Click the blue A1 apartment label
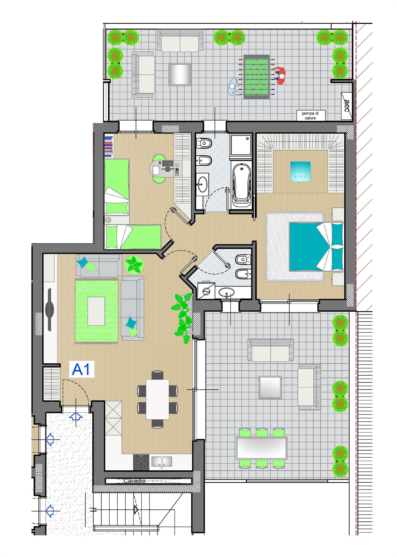tap(81, 369)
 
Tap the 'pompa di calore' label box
tap(310, 116)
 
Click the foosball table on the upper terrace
tap(256, 77)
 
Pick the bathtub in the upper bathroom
tap(241, 185)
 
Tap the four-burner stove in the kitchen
tap(141, 462)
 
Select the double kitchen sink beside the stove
tap(162, 461)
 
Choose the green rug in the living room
tap(96, 311)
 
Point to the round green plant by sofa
tap(134, 265)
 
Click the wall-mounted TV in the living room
tap(50, 309)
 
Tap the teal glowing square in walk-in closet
tap(301, 172)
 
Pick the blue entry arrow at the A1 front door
tap(76, 417)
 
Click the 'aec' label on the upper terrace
tap(347, 106)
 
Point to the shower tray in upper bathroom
tap(241, 146)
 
